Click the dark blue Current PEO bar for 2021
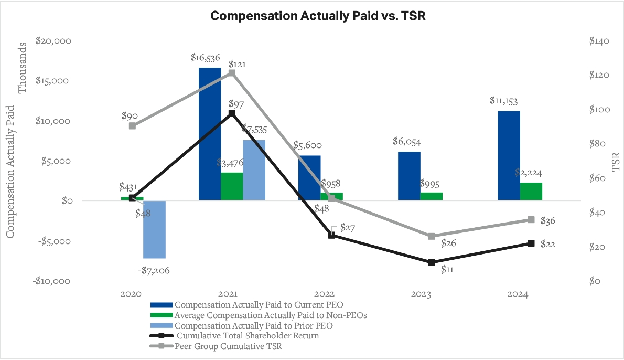[210, 134]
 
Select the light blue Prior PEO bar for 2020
[154, 229]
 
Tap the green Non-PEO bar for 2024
[531, 191]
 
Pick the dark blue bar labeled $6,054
[409, 176]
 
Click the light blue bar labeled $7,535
[254, 170]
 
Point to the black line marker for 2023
[432, 262]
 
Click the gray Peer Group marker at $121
[232, 73]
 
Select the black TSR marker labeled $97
[232, 113]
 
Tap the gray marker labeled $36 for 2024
[531, 219]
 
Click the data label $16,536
[205, 58]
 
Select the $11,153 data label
[504, 101]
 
